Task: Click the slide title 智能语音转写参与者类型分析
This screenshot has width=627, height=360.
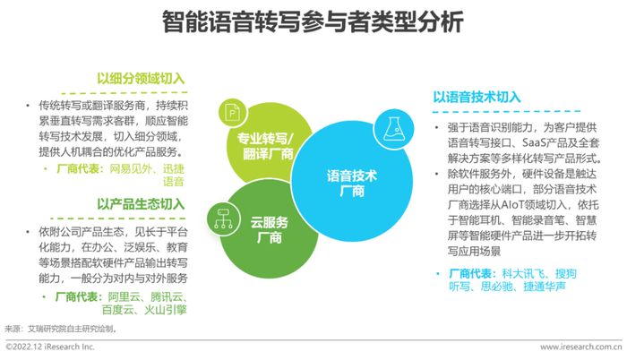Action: pos(313,21)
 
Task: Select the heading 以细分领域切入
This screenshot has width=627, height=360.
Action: pos(141,79)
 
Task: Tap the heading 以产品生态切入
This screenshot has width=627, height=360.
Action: pos(141,204)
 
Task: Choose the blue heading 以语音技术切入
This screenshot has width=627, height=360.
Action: pos(477,97)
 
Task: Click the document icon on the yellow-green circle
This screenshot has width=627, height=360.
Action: pos(233,113)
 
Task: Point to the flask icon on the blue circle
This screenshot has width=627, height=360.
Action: pos(393,129)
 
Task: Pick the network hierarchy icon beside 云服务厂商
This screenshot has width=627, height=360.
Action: pos(224,219)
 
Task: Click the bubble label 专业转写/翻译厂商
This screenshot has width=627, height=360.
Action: pos(265,146)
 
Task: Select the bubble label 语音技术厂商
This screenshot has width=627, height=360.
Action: pos(352,184)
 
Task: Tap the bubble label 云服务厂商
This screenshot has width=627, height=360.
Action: pos(269,230)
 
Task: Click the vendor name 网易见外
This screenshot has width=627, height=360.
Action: pos(131,168)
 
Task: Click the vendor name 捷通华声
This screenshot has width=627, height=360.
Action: pos(545,287)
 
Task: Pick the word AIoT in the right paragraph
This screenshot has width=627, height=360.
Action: pos(512,205)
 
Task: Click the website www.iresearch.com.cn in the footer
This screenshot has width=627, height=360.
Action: pos(581,347)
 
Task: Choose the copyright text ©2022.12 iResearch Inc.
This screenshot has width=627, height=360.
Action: pos(50,347)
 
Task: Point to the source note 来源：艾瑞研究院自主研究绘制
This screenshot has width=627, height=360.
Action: pos(61,329)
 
